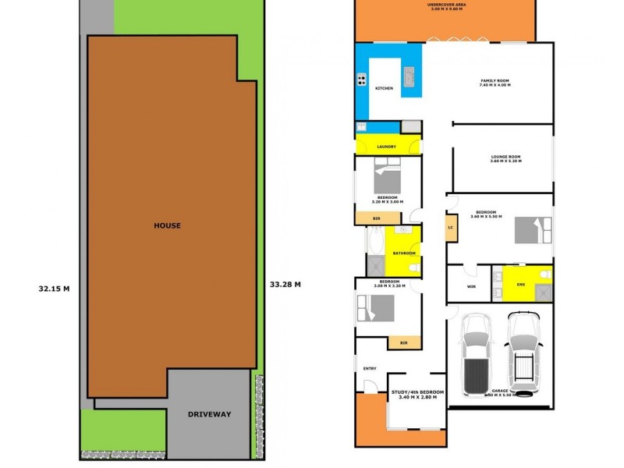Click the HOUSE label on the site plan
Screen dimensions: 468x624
pyautogui.click(x=167, y=225)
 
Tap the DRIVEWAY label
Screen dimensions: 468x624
pyautogui.click(x=209, y=414)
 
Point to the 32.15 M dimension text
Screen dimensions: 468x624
pyautogui.click(x=54, y=288)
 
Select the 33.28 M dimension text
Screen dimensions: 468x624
pyautogui.click(x=285, y=284)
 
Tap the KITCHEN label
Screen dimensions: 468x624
pyautogui.click(x=385, y=88)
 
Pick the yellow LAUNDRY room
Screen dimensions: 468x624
pyautogui.click(x=387, y=146)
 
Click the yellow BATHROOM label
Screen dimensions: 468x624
pyautogui.click(x=404, y=253)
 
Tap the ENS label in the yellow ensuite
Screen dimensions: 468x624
pyautogui.click(x=521, y=284)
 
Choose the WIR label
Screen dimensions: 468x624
pyautogui.click(x=471, y=286)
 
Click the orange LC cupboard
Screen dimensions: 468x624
pyautogui.click(x=451, y=228)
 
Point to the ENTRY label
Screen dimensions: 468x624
pyautogui.click(x=369, y=368)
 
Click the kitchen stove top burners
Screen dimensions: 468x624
pyautogui.click(x=362, y=79)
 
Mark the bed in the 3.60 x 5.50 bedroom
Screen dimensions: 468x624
pyautogui.click(x=533, y=230)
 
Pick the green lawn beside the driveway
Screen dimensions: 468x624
pyautogui.click(x=122, y=429)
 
